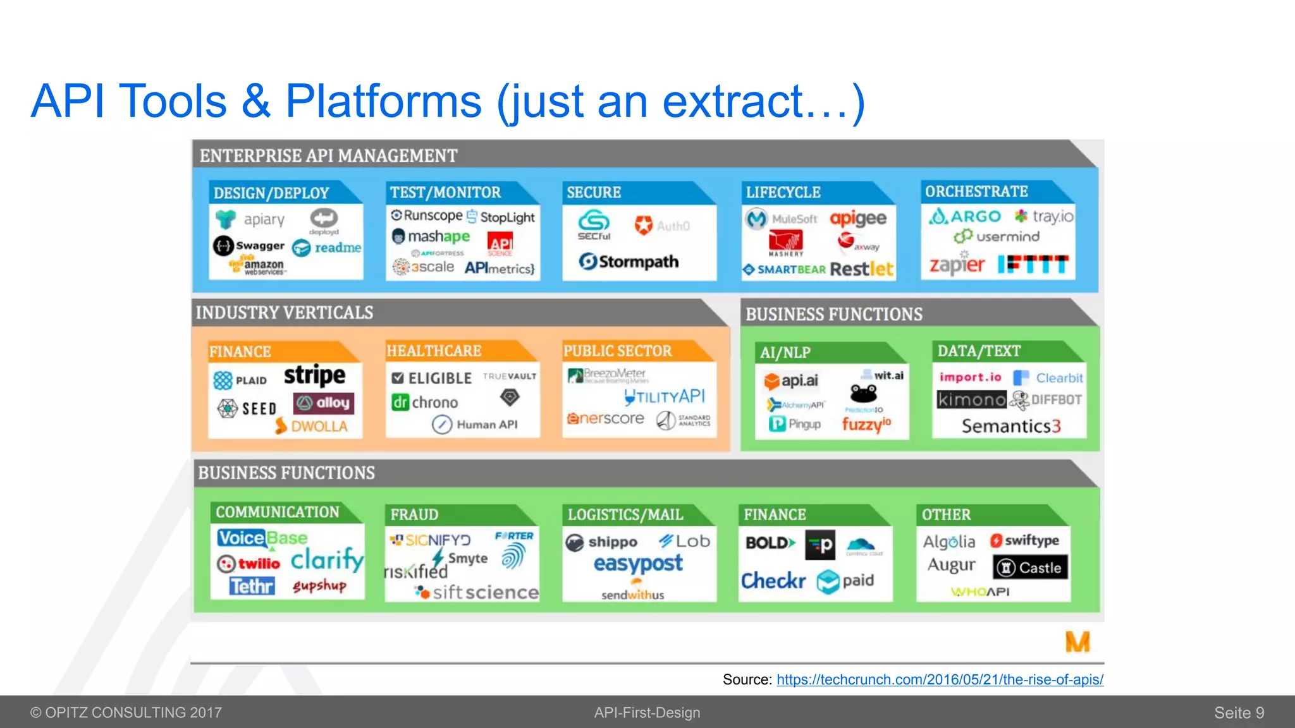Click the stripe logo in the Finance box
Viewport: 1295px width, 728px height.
[x=314, y=375]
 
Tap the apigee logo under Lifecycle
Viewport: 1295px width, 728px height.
[x=858, y=219]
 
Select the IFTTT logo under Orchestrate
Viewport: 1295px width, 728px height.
[x=1033, y=264]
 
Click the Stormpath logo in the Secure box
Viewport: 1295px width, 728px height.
[x=629, y=262]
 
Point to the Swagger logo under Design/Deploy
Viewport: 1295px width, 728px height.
[x=249, y=245]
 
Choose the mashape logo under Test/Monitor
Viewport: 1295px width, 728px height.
[x=431, y=236]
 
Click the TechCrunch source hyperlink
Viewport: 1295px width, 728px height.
[x=940, y=679]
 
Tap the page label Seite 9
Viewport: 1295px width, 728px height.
[x=1239, y=713]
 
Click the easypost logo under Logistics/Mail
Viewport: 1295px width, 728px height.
[x=638, y=563]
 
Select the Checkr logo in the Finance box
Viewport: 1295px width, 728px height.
[x=773, y=580]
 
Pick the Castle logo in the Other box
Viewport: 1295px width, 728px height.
[x=1030, y=567]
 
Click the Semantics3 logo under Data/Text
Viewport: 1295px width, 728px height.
[x=1010, y=427]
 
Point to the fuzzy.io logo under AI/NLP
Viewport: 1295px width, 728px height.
[x=866, y=423]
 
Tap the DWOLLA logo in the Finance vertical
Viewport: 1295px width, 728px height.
[x=312, y=427]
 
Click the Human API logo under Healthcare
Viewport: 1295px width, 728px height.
[x=475, y=425]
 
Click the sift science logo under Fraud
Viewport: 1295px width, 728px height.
[x=477, y=592]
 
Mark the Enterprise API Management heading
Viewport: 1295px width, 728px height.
[x=328, y=155]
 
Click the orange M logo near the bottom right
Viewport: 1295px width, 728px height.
[x=1077, y=641]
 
